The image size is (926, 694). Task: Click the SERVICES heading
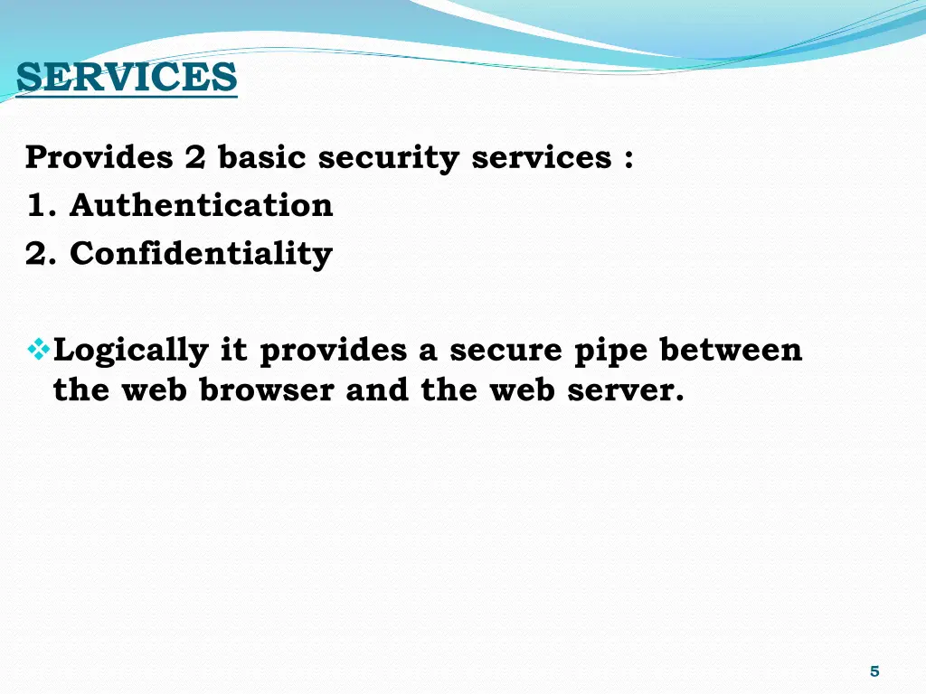coord(127,77)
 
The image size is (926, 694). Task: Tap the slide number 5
coord(874,671)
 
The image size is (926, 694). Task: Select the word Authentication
coord(201,205)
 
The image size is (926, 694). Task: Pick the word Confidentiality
coord(201,254)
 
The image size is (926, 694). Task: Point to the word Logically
coord(131,350)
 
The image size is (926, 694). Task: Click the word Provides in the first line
coord(99,157)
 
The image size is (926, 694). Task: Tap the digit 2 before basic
coord(195,157)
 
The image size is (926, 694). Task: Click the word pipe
coord(610,351)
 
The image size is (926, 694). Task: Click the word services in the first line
coord(541,157)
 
